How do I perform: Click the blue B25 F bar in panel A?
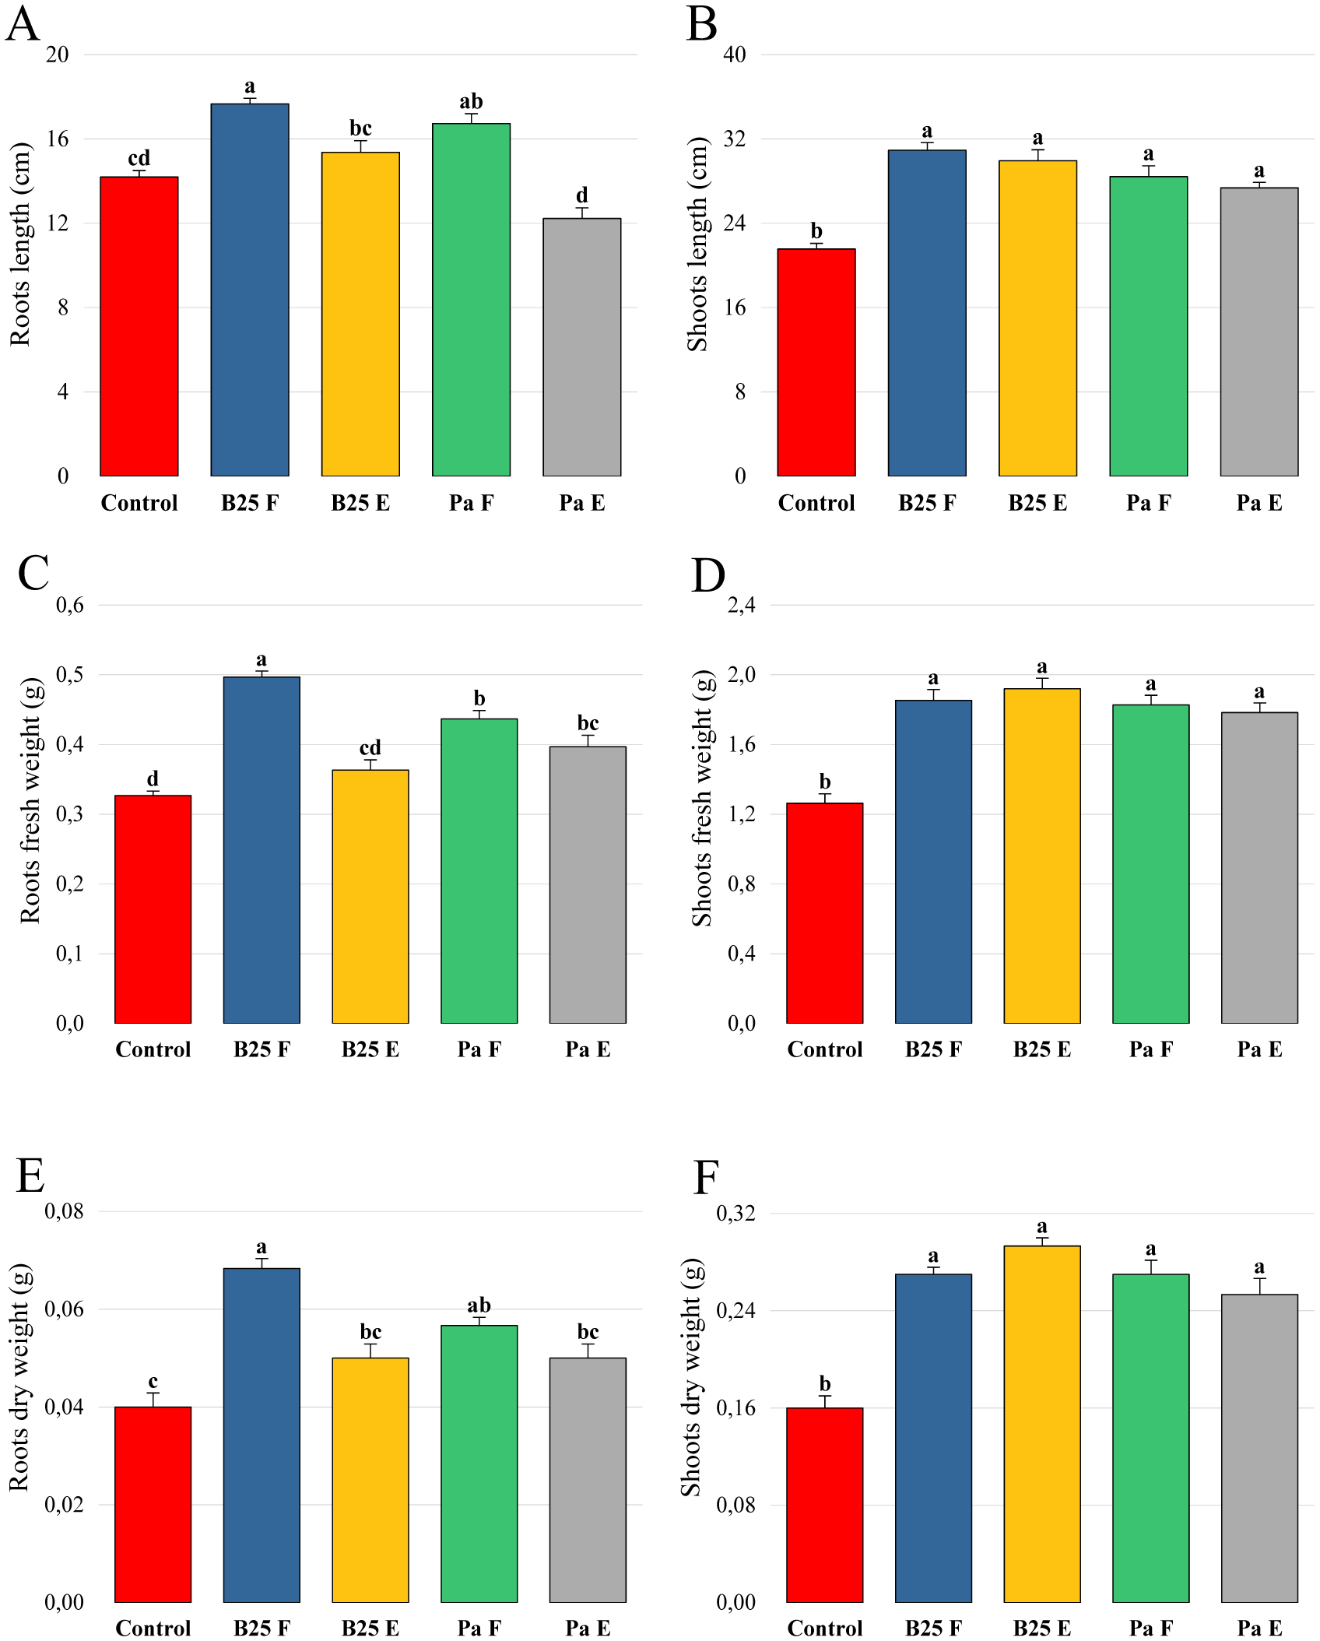point(249,290)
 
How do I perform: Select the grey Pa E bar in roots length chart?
point(581,347)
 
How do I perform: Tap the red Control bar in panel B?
point(816,363)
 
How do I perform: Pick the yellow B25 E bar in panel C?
point(370,896)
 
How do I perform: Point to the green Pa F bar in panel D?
point(1150,863)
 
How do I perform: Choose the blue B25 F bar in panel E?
point(261,1435)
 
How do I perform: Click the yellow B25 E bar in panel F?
point(1041,1424)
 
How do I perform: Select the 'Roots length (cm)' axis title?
point(20,244)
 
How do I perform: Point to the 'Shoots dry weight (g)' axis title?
point(691,1377)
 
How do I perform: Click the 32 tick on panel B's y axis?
point(734,139)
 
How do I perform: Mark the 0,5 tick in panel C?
point(70,675)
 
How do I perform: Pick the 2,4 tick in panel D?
point(741,605)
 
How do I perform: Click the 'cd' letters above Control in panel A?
point(139,158)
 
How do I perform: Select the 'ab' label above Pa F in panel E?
point(479,1305)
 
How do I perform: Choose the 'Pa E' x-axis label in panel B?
point(1259,503)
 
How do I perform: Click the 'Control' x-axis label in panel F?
point(824,1628)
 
